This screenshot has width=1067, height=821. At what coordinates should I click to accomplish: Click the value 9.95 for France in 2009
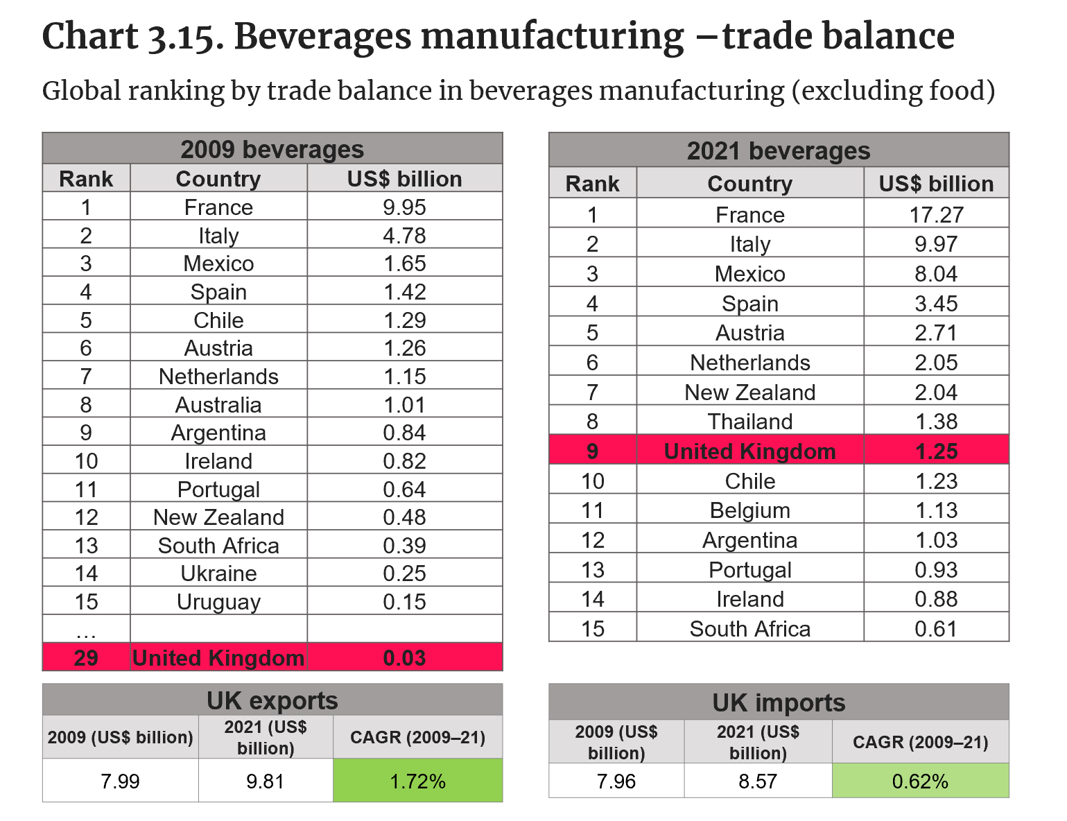[404, 207]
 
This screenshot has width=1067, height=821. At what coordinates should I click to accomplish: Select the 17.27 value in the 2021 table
[936, 214]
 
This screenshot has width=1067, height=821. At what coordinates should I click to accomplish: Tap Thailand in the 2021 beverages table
[749, 422]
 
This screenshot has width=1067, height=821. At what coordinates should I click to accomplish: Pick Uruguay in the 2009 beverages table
[218, 602]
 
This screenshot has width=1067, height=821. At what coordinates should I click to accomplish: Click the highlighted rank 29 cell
[86, 657]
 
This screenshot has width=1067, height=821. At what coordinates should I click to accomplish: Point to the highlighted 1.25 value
[936, 451]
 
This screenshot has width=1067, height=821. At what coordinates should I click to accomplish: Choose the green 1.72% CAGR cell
[417, 781]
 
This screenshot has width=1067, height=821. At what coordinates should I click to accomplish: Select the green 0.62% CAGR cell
[920, 781]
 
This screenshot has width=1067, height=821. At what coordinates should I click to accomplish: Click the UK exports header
[272, 700]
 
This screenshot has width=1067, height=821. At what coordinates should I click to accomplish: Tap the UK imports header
[779, 702]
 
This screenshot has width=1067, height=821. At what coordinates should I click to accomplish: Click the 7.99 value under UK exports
[120, 781]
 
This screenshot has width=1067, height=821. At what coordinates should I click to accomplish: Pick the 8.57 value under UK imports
[758, 781]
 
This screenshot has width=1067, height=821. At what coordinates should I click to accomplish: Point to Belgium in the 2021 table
[749, 510]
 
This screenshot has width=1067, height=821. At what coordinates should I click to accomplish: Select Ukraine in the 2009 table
[218, 573]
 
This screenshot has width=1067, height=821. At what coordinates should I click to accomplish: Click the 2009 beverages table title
[272, 149]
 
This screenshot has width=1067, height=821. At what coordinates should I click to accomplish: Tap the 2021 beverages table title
[779, 150]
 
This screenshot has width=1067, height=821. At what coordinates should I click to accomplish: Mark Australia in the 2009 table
[218, 405]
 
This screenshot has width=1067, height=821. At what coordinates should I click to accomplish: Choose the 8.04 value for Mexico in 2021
[936, 274]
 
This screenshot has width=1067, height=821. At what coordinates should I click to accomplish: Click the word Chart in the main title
[90, 36]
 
